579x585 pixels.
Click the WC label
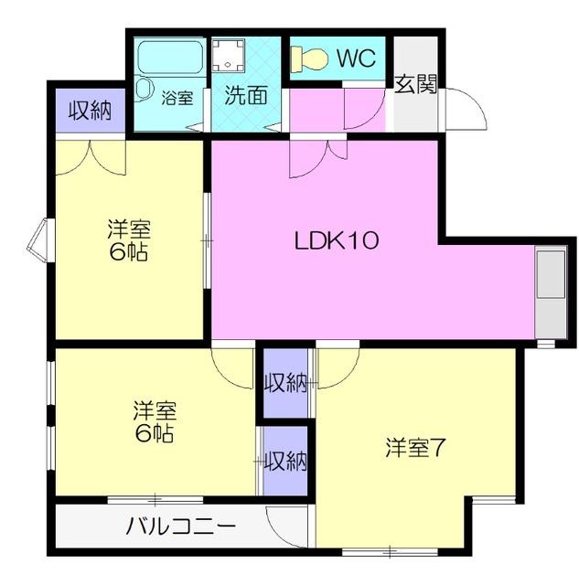pyautogui.click(x=356, y=58)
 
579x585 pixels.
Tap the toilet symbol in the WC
pyautogui.click(x=310, y=58)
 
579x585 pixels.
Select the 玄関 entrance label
pyautogui.click(x=415, y=84)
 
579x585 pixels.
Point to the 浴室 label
pyautogui.click(x=177, y=97)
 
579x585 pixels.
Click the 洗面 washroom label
pyautogui.click(x=245, y=95)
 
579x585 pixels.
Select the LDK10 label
pyautogui.click(x=336, y=241)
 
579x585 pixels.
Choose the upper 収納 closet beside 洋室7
pyautogui.click(x=285, y=383)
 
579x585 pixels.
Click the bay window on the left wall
pyautogui.click(x=38, y=239)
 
